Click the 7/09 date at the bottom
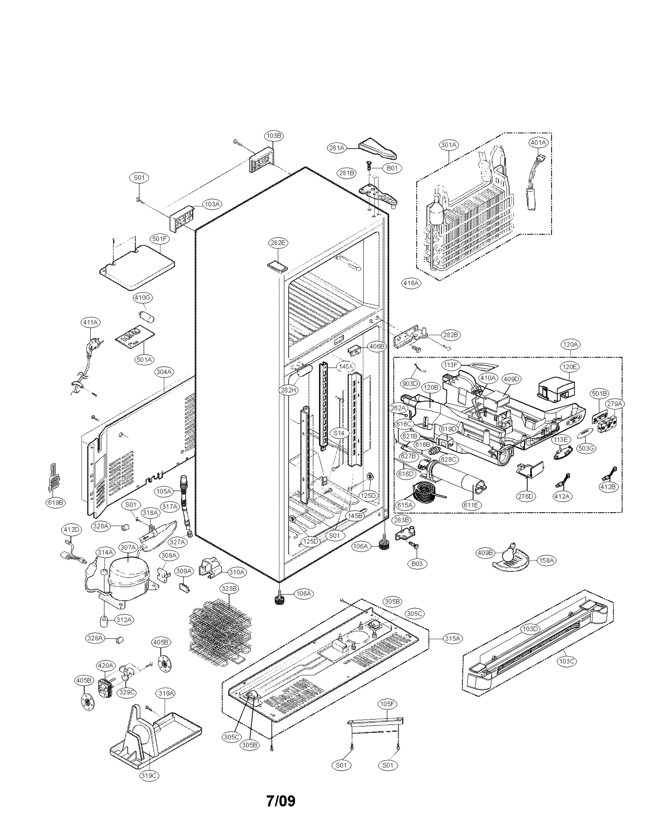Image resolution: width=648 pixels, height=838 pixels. coord(281,801)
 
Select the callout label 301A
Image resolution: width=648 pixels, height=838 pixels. coord(448,145)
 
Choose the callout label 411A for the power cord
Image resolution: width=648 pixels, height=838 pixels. coord(90,322)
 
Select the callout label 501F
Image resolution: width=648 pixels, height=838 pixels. coord(160,239)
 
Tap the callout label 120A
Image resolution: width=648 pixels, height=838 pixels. coord(570,345)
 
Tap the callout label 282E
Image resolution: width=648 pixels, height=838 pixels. coord(278,243)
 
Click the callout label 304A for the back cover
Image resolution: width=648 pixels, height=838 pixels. coord(164,371)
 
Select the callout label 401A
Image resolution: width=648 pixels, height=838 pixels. coord(538,143)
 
